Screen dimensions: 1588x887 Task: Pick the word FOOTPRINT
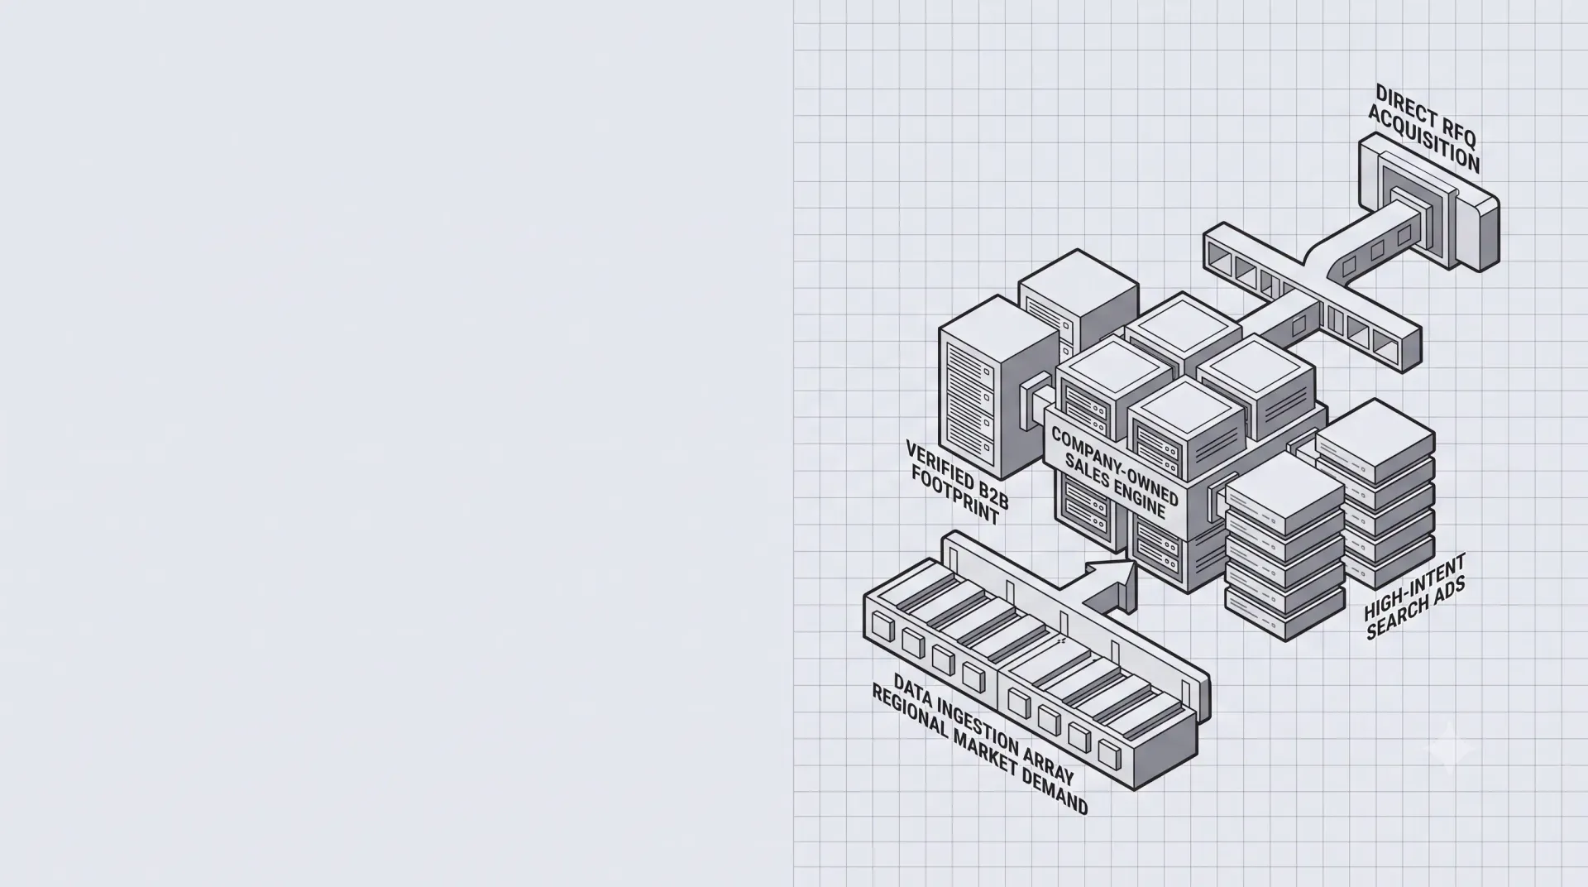(955, 495)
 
